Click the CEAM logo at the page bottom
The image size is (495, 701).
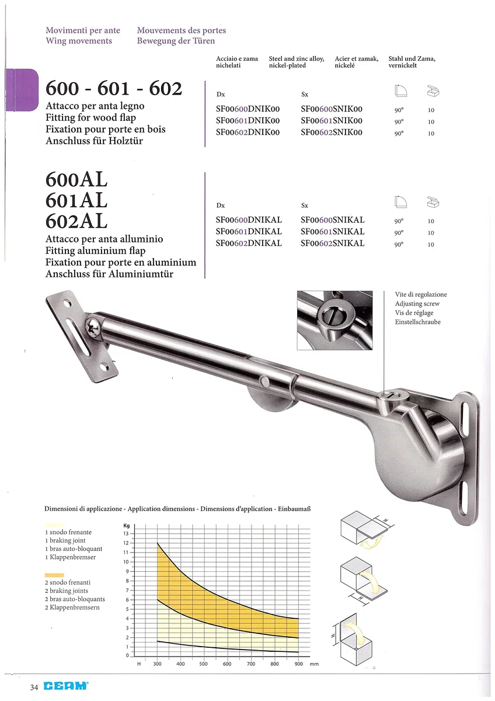[66, 686]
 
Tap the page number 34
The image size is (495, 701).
[34, 687]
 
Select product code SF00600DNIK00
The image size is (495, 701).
[247, 109]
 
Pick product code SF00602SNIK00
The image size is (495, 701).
[332, 132]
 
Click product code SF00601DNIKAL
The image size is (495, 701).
[249, 231]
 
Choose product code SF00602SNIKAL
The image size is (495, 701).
[333, 243]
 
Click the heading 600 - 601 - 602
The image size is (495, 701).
[114, 88]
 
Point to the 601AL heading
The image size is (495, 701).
[76, 200]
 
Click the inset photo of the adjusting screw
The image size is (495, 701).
[334, 320]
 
